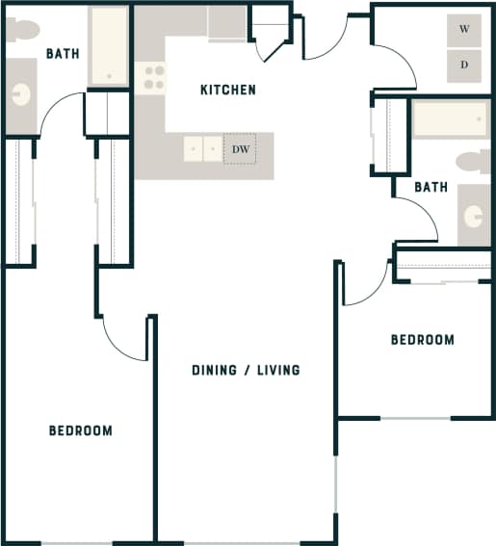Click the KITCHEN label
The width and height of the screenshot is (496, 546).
point(227,90)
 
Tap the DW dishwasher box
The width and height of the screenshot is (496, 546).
point(240,148)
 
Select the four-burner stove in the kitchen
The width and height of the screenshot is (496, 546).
point(153,77)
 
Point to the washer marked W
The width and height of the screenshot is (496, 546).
point(463,30)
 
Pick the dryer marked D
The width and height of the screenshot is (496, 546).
point(463,65)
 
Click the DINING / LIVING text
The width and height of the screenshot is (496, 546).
point(246,370)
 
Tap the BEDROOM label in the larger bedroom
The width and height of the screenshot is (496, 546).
point(80,430)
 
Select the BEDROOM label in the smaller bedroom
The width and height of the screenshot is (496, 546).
point(422,340)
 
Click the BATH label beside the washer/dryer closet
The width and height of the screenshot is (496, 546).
point(431,187)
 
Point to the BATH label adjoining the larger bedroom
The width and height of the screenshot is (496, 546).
point(62,54)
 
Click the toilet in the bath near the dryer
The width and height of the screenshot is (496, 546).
point(472,161)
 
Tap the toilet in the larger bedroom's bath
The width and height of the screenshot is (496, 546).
point(22,30)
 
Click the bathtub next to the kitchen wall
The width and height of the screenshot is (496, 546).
point(108,46)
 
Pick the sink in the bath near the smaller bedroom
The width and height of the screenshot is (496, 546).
point(472,214)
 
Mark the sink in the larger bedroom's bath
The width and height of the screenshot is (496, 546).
point(21,94)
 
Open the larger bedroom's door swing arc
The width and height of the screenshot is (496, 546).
point(123,337)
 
